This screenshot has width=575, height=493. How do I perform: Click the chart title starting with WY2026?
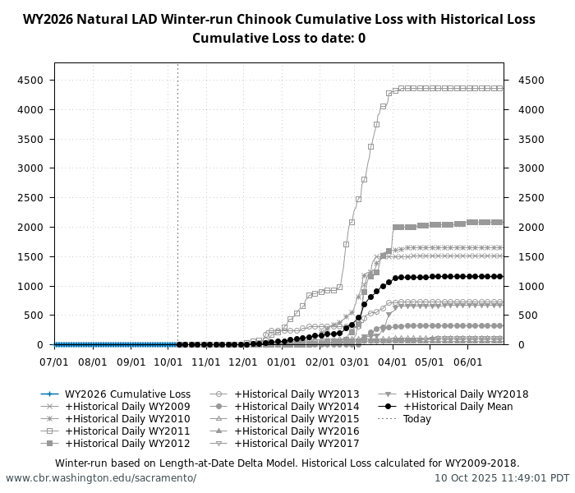click(x=278, y=20)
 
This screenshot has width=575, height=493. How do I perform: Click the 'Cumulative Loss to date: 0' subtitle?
click(x=278, y=38)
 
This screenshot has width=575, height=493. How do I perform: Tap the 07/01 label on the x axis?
click(x=55, y=362)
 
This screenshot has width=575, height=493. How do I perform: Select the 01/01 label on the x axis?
click(x=282, y=362)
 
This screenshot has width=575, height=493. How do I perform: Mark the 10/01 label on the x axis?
click(x=168, y=362)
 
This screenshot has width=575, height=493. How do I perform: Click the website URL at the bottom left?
click(x=101, y=478)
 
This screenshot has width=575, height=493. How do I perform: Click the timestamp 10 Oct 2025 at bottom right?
click(x=502, y=478)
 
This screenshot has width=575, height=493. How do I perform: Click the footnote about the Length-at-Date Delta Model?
click(x=287, y=463)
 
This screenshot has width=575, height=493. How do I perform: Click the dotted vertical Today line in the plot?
click(x=177, y=205)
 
